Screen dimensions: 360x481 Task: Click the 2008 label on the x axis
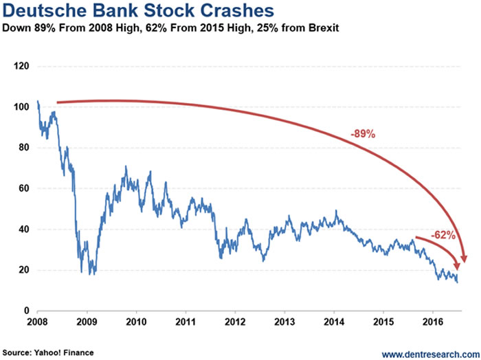37,321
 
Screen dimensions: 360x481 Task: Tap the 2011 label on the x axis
186,321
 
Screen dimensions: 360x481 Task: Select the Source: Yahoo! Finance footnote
47,352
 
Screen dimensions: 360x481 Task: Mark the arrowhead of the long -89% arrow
463,259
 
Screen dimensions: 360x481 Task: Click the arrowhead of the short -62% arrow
456,269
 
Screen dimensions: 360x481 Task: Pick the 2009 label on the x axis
87,321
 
